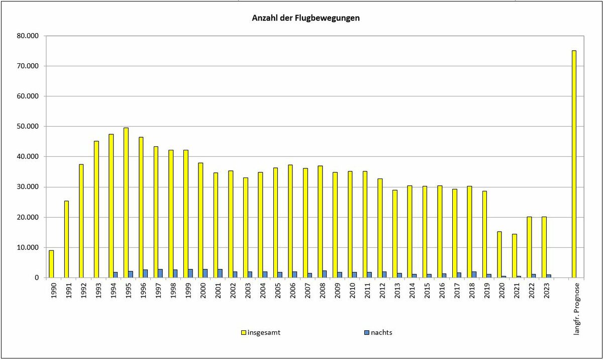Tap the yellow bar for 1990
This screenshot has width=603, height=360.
(51, 264)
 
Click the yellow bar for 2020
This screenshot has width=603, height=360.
(499, 254)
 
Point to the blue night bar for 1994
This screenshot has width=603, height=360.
(116, 275)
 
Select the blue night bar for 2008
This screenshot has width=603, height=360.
(325, 274)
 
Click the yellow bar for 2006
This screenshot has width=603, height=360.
(290, 221)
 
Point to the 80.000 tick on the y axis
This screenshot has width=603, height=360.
(29, 36)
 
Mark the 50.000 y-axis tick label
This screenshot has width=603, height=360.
(29, 127)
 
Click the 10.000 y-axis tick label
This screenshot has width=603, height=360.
(29, 247)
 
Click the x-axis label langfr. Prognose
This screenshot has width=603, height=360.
(576, 308)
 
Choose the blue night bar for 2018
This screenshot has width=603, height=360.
(474, 275)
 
